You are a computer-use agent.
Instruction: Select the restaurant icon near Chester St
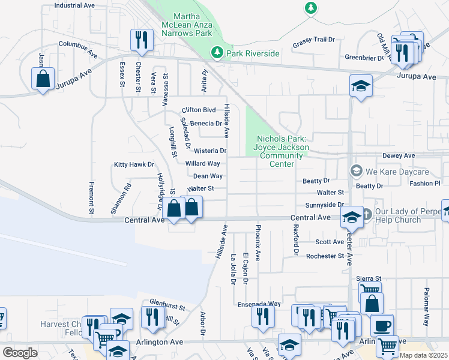(x=142, y=40)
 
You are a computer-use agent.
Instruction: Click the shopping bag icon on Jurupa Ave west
(x=43, y=79)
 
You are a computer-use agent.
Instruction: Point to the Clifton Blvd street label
(x=198, y=110)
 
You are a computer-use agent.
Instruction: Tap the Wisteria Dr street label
(x=205, y=151)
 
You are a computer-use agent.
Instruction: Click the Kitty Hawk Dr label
(x=134, y=164)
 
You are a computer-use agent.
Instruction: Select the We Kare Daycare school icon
(x=356, y=170)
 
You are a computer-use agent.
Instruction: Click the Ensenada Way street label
(x=258, y=304)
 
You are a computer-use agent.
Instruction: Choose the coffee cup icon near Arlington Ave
(x=382, y=326)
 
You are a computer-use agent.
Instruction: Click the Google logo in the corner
(x=20, y=353)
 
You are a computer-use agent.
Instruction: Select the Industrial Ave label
(x=74, y=5)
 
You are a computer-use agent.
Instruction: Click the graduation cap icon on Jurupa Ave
(x=361, y=85)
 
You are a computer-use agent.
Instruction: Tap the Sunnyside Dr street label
(x=324, y=205)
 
